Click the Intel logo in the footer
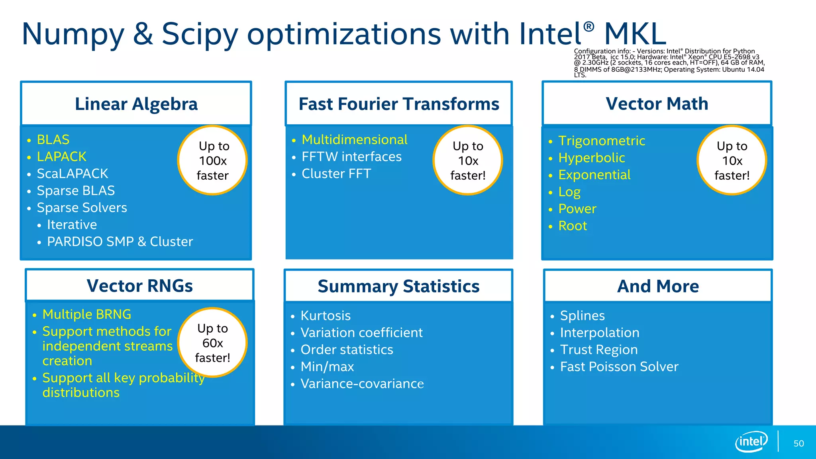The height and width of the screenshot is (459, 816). click(x=751, y=441)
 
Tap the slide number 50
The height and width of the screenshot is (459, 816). click(x=798, y=443)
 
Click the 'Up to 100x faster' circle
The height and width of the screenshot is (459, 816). click(x=212, y=161)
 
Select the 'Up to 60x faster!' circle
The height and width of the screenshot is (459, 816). click(x=212, y=343)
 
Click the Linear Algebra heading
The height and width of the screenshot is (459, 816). click(x=136, y=104)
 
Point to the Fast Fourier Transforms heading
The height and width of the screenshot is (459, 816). click(x=399, y=104)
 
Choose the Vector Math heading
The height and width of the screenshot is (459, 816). click(x=657, y=104)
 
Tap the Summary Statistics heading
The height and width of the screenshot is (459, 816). click(x=398, y=286)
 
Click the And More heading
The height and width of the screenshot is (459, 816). click(x=658, y=286)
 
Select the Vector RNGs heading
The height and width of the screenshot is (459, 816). click(x=140, y=286)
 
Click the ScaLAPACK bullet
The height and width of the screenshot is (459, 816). click(x=72, y=174)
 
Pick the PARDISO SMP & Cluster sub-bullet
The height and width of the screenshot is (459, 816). click(x=120, y=241)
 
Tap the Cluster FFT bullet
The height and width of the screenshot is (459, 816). click(x=336, y=174)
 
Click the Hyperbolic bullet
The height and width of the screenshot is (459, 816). click(x=591, y=158)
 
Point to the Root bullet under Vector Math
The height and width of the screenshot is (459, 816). click(x=573, y=226)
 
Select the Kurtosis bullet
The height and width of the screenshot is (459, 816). click(x=326, y=316)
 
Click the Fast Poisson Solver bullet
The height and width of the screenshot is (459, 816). click(x=619, y=367)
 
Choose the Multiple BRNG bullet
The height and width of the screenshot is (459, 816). click(x=87, y=314)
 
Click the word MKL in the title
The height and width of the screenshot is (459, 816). click(x=635, y=34)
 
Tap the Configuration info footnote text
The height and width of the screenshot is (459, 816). click(x=669, y=63)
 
